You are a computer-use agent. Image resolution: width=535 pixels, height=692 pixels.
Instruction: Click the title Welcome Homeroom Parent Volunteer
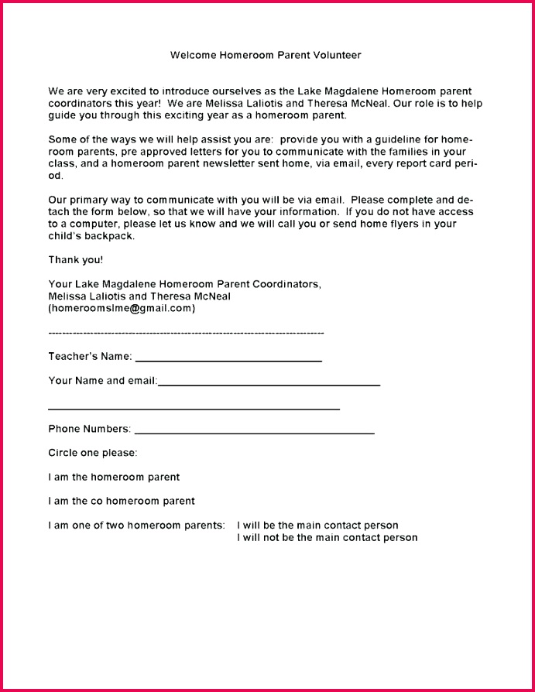pos(266,55)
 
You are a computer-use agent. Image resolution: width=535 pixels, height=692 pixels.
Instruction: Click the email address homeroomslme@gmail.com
pos(122,308)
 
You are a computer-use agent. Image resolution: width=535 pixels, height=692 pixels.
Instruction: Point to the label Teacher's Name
pos(90,357)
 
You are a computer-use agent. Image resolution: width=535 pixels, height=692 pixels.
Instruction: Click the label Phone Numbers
pos(89,429)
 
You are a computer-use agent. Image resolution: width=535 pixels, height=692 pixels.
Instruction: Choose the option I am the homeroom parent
pos(114,477)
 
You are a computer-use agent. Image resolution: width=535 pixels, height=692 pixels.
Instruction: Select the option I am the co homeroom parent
pos(122,501)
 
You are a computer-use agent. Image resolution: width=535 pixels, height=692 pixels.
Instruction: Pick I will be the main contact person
pos(317,526)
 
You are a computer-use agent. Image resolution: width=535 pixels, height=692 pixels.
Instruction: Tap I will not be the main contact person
pos(327,537)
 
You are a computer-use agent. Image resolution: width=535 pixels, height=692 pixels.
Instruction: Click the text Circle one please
pos(93,453)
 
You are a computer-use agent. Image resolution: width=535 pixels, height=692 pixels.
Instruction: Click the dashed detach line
pos(186,332)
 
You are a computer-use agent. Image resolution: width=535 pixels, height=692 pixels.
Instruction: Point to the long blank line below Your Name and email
pos(194,408)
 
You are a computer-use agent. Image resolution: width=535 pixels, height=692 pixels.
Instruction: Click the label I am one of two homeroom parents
pos(137,526)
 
